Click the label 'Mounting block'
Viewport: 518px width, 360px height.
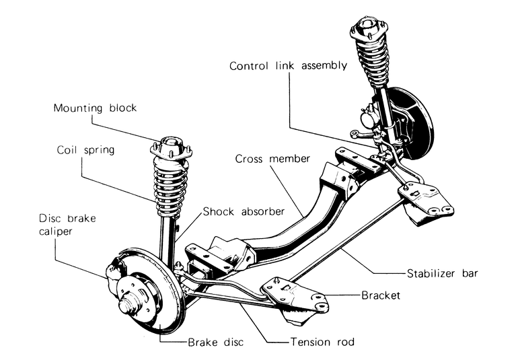pyautogui.click(x=95, y=108)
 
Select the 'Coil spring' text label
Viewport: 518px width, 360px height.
pyautogui.click(x=85, y=150)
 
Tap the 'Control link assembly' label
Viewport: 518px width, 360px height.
pyautogui.click(x=289, y=66)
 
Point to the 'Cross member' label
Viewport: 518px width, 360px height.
pyautogui.click(x=272, y=159)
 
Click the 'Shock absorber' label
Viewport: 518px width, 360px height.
pyautogui.click(x=244, y=211)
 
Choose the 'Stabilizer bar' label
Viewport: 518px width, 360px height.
pyautogui.click(x=443, y=273)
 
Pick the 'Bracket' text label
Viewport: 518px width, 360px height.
pyautogui.click(x=381, y=295)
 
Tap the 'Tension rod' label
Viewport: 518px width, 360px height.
pyautogui.click(x=322, y=341)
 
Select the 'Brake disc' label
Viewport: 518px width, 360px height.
pyautogui.click(x=215, y=342)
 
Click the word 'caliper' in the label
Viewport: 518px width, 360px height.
pyautogui.click(x=55, y=231)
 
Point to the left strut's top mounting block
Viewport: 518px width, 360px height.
pyautogui.click(x=171, y=147)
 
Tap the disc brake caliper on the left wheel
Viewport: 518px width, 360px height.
pyautogui.click(x=114, y=272)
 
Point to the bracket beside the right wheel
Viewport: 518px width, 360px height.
pyautogui.click(x=425, y=203)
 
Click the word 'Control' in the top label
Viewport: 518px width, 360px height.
pyautogui.click(x=248, y=66)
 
